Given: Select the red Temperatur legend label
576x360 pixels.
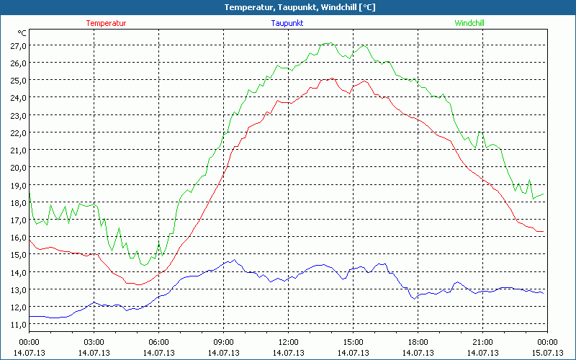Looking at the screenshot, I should click(106, 23).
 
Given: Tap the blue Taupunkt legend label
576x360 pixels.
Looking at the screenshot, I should click(287, 23).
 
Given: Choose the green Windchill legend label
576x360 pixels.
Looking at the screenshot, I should click(469, 23).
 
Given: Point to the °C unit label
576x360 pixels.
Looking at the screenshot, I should click(22, 33).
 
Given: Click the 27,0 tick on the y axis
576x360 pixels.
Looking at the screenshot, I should click(18, 45).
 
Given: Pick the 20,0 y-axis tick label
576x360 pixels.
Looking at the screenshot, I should click(18, 167).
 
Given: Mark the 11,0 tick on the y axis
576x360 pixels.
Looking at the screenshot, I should click(18, 324).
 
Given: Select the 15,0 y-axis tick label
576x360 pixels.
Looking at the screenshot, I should click(18, 254).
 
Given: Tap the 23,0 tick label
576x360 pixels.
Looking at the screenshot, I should click(18, 115).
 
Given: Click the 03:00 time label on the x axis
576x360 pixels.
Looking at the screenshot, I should click(94, 342).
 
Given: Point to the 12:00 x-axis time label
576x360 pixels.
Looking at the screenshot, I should click(288, 342).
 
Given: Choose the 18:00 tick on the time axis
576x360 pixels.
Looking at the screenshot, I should click(418, 342).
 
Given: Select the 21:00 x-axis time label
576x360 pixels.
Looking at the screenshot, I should click(482, 342).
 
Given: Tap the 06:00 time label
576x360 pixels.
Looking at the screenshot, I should click(158, 342).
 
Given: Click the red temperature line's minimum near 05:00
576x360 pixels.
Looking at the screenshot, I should click(138, 284).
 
